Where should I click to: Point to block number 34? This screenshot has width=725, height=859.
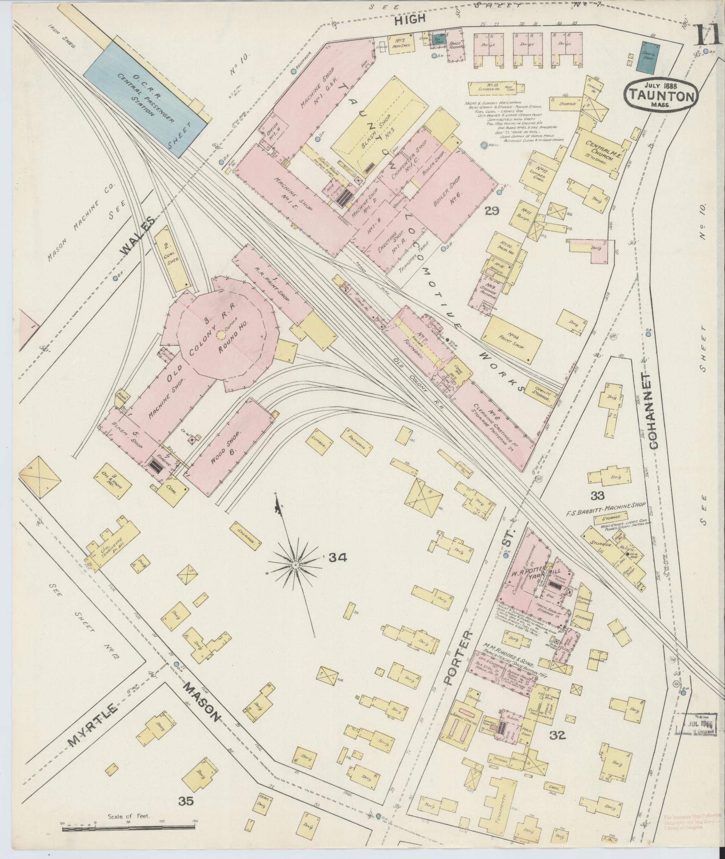(x=337, y=558)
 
